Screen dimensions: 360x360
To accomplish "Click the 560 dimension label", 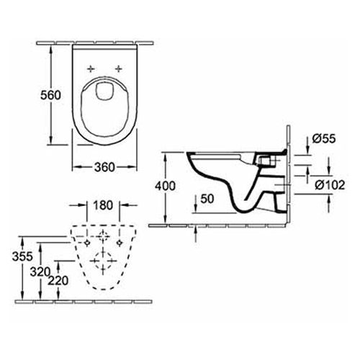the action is (x=50, y=96).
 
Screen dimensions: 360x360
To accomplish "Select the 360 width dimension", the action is (x=104, y=167).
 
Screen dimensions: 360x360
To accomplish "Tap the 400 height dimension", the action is (x=165, y=186).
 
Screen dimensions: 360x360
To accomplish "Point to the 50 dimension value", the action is (x=207, y=199).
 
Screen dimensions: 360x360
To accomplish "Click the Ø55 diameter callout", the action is (x=323, y=139).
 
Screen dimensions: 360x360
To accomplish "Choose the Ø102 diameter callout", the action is (x=330, y=185).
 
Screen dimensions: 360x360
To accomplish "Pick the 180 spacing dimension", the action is (x=103, y=205).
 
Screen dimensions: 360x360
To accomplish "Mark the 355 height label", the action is (x=22, y=256).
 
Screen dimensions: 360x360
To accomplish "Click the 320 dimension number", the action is (x=40, y=272).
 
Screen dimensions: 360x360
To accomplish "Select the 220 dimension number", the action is (x=58, y=281).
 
